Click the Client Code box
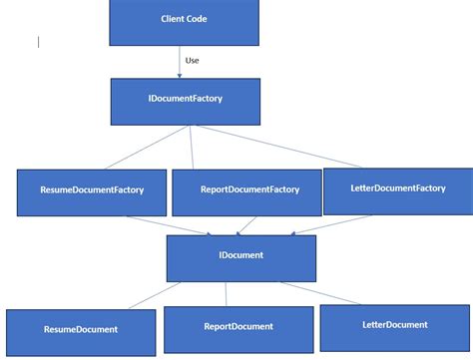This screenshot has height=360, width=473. [x=185, y=21]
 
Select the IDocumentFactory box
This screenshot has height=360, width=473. [x=185, y=102]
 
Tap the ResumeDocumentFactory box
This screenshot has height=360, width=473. [x=92, y=189]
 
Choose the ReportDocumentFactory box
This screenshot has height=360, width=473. [x=248, y=189]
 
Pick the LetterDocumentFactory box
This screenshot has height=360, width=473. [x=398, y=189]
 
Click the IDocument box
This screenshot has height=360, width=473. [x=240, y=257]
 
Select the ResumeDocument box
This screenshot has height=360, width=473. [x=81, y=331]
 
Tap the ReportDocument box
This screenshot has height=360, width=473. [x=238, y=328]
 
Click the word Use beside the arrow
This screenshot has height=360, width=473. [x=193, y=61]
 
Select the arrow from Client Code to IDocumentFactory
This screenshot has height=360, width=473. [x=180, y=62]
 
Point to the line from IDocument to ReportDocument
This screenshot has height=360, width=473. [x=227, y=294]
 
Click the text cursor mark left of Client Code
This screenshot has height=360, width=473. [x=39, y=42]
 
